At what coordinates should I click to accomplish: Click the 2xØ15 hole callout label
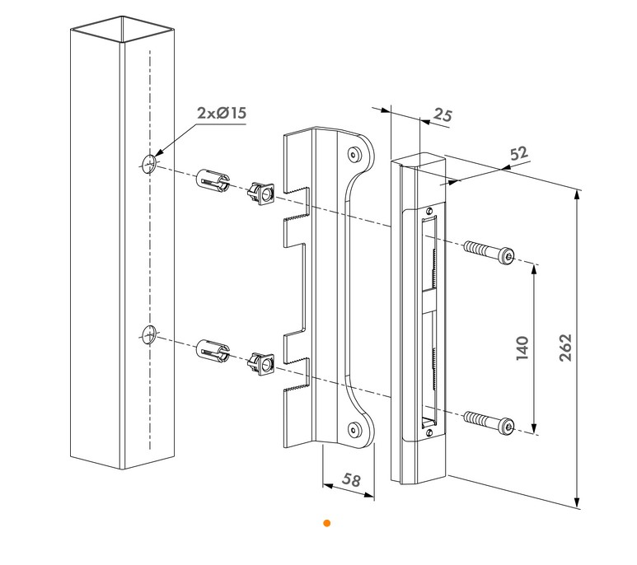[222, 114]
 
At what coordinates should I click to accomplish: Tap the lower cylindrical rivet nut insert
[213, 351]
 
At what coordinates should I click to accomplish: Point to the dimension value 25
[443, 114]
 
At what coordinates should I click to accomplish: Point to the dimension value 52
[519, 153]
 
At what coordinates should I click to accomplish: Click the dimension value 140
[522, 348]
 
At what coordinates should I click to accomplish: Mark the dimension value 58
[350, 480]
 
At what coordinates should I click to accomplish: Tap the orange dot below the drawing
[327, 523]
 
